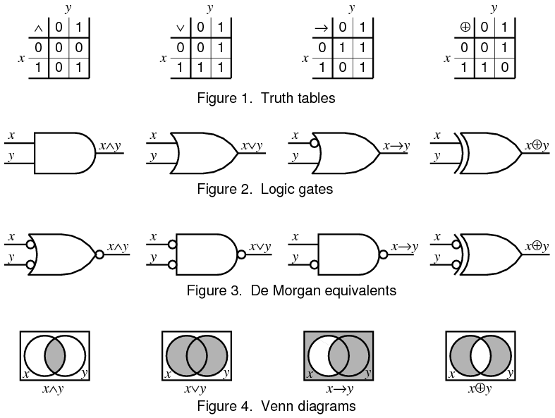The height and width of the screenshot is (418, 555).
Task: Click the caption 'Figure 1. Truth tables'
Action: tap(266, 98)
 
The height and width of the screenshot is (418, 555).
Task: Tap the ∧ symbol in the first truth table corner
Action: tap(38, 29)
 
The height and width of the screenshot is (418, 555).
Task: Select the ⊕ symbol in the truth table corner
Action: tap(464, 29)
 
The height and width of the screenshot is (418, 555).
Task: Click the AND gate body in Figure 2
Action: tap(63, 152)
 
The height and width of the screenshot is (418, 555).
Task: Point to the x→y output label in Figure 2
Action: tap(396, 147)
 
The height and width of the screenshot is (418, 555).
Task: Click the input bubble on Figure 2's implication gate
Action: tap(315, 141)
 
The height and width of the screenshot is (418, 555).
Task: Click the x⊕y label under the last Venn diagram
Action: tap(480, 388)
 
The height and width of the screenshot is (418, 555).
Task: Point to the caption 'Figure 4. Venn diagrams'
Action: tap(276, 406)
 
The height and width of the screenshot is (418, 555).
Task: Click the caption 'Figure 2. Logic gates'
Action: tap(265, 188)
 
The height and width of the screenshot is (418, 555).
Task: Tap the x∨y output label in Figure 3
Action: tap(260, 247)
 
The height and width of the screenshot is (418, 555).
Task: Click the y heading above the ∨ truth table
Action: tap(209, 8)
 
